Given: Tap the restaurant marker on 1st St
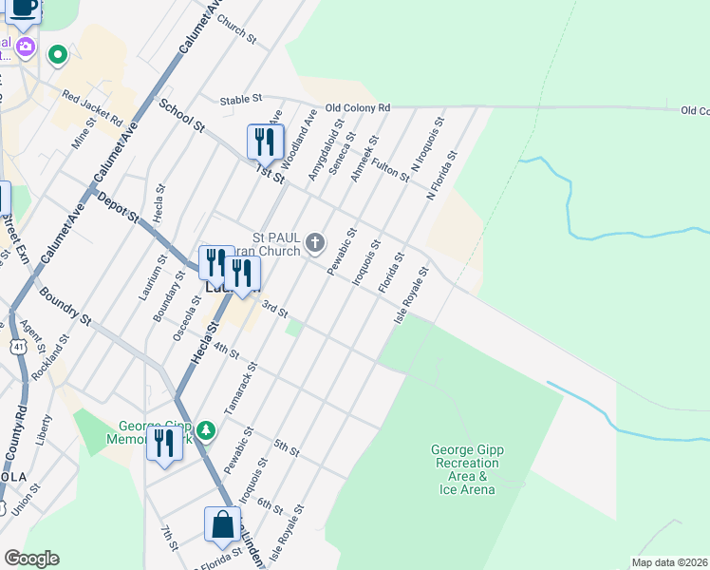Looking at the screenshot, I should point(264,142).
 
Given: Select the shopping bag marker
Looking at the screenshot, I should point(221,525).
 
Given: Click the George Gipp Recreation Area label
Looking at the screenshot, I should point(463,469).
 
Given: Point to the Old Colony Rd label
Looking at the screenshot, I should point(358,108).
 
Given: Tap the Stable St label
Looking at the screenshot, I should point(240,99).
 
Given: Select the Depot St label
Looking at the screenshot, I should point(120,211).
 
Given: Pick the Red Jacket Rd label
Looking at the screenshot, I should point(92,107).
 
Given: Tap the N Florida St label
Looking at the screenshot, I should point(442,177).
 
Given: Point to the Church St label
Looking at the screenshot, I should point(237,28).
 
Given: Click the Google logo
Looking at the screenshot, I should point(31,559).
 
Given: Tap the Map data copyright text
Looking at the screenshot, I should point(669,562).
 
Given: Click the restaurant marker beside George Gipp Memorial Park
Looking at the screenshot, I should point(164,444).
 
